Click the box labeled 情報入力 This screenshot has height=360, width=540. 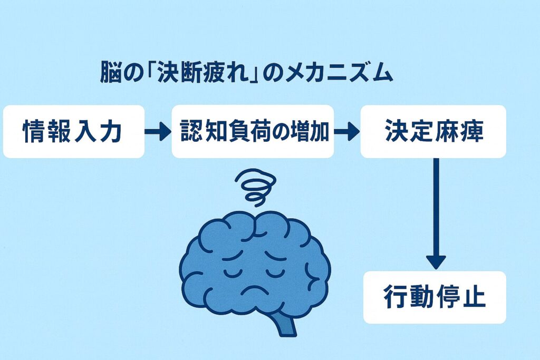(73, 131)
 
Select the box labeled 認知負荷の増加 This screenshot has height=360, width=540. (253, 131)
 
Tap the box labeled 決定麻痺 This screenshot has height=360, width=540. (433, 131)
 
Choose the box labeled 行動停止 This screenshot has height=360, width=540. (434, 297)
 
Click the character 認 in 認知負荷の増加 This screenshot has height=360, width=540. (191, 132)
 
